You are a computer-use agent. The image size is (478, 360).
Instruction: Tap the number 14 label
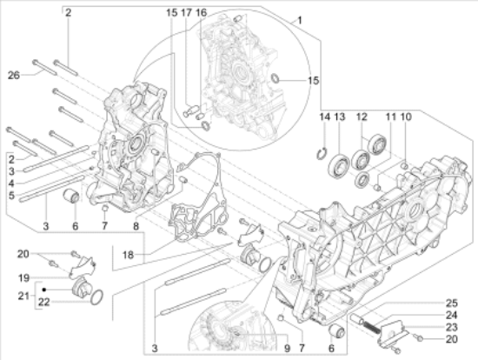click(324, 117)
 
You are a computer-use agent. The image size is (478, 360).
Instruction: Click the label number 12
click(362, 117)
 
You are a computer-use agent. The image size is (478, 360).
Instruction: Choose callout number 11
click(390, 117)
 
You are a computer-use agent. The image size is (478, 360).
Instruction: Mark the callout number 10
click(406, 117)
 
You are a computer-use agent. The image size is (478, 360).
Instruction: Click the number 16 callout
click(202, 13)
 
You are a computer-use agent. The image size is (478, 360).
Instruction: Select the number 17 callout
click(186, 13)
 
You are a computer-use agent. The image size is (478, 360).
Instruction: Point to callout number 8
click(136, 228)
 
